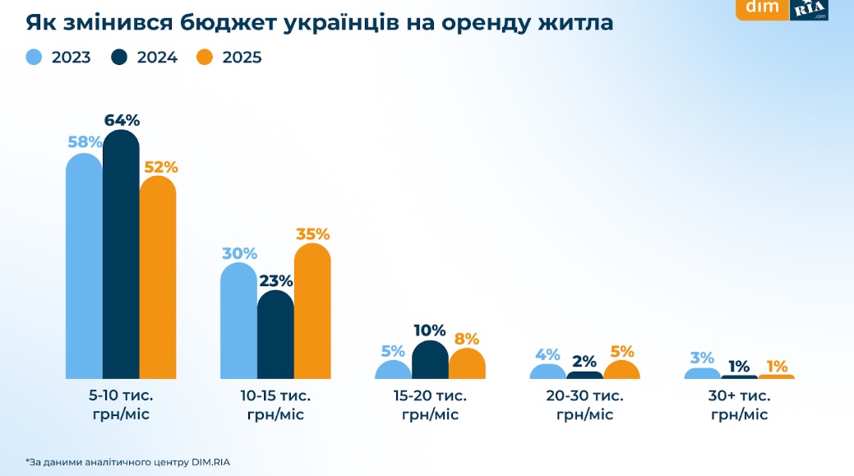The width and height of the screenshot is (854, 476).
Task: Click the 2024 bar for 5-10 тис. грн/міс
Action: [121, 255]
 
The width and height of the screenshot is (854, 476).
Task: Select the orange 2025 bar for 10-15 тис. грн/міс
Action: [312, 312]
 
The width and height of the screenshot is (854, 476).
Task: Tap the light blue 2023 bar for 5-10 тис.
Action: [84, 267]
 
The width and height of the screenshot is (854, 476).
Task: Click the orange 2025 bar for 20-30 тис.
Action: [621, 371]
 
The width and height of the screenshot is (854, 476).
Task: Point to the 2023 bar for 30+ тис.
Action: [703, 374]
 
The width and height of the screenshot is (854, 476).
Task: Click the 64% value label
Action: [122, 120]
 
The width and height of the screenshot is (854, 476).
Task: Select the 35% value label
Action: [312, 233]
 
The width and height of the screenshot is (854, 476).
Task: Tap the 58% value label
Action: [85, 142]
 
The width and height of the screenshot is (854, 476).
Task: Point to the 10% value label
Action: [430, 330]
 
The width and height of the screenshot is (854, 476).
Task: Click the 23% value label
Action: [275, 280]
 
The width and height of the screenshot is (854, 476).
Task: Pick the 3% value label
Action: [702, 358]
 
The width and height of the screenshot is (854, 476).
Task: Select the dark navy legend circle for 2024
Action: [121, 58]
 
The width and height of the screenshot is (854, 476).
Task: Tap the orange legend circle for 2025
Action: [205, 58]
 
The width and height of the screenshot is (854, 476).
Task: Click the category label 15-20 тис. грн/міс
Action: [430, 404]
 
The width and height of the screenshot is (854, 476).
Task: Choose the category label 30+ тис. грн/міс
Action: [740, 404]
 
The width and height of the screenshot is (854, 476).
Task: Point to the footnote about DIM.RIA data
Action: [127, 461]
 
